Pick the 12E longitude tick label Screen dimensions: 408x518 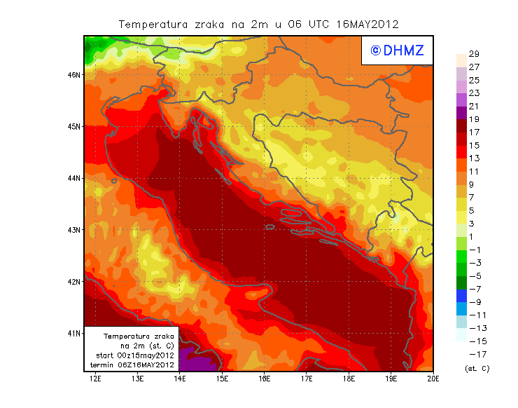[x=96, y=379]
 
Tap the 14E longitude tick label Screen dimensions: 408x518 [x=180, y=379]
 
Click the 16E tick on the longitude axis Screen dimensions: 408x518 [x=265, y=379]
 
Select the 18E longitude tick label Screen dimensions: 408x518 [x=349, y=379]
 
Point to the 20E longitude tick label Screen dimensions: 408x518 [x=433, y=379]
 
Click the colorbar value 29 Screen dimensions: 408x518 [x=473, y=54]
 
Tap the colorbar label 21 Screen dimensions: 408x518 [x=473, y=106]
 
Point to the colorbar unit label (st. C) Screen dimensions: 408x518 [x=477, y=368]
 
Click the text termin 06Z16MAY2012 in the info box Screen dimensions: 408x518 [x=132, y=365]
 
